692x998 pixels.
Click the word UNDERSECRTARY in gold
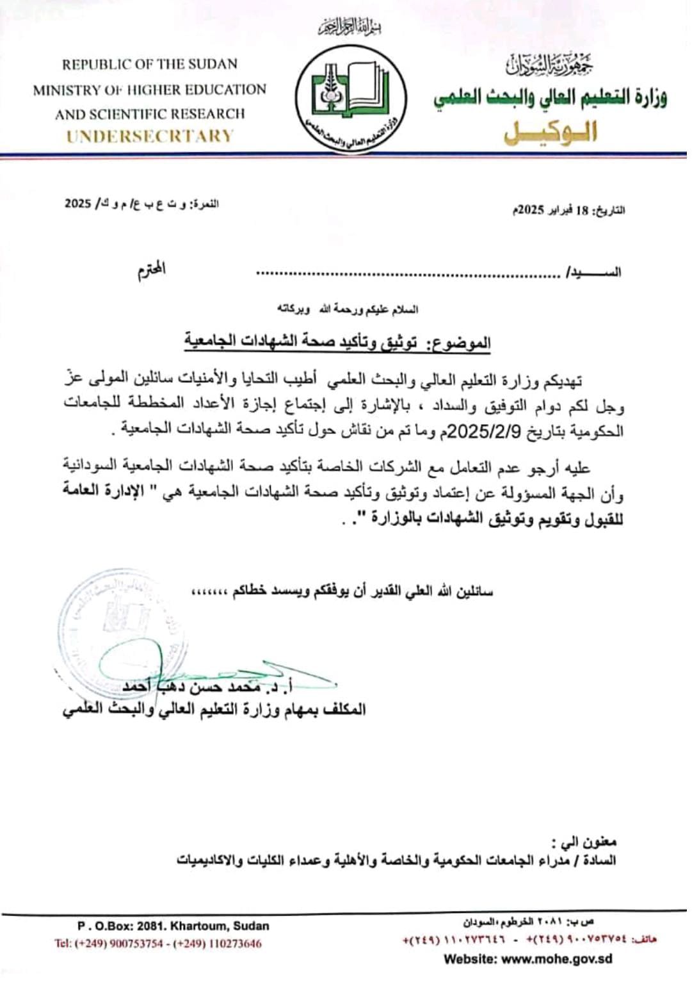(150, 136)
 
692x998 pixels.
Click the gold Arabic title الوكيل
(551, 132)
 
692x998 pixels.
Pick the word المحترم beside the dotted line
(152, 269)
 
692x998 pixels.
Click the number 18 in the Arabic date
(581, 210)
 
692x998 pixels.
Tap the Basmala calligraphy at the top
(350, 28)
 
